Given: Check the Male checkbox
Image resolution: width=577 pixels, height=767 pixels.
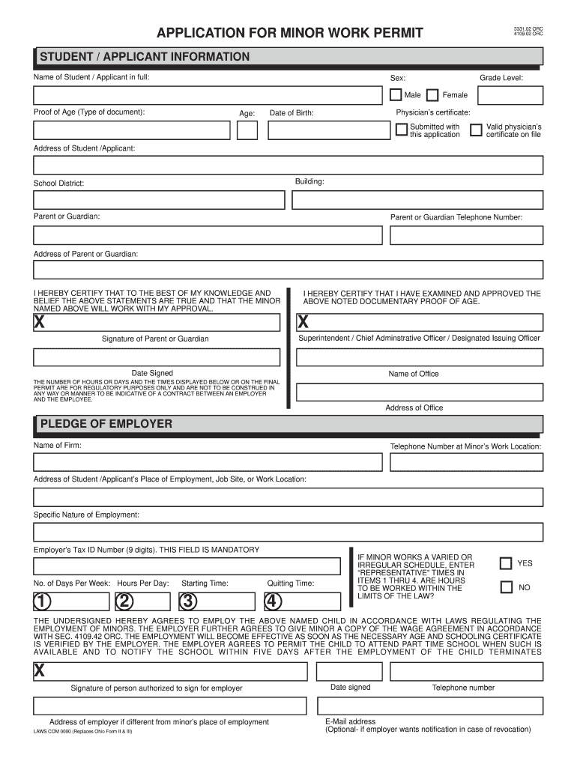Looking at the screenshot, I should click(396, 95).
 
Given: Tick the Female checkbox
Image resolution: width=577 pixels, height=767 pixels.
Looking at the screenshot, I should click(432, 95).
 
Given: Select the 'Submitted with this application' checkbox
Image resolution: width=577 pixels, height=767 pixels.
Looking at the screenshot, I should click(402, 130).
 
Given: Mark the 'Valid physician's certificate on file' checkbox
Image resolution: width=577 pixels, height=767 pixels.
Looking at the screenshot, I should click(476, 130).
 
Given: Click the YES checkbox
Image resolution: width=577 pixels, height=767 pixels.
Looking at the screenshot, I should click(506, 563).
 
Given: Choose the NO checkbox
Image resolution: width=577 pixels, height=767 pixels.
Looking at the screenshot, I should click(506, 587).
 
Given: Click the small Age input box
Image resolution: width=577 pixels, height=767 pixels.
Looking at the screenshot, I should click(247, 130).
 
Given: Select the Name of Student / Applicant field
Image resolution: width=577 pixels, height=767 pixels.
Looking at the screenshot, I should click(206, 95).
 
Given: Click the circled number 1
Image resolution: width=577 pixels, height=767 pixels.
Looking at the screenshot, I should click(42, 601).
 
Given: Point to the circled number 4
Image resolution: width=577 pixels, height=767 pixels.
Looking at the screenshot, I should click(273, 601).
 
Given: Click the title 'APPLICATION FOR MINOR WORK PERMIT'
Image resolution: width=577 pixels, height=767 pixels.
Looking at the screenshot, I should click(289, 33).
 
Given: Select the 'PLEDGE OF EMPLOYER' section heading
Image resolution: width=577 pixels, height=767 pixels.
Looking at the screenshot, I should click(106, 424).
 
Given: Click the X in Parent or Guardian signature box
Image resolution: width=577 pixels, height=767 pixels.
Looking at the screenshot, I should click(39, 322).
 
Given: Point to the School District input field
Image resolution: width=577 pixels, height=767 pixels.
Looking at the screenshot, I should click(159, 199).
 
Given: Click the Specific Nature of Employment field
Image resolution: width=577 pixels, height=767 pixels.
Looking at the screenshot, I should click(288, 532).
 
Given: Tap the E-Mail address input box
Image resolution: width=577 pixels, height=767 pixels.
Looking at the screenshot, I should click(430, 706).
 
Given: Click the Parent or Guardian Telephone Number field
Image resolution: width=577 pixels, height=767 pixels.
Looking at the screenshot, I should click(466, 234).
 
